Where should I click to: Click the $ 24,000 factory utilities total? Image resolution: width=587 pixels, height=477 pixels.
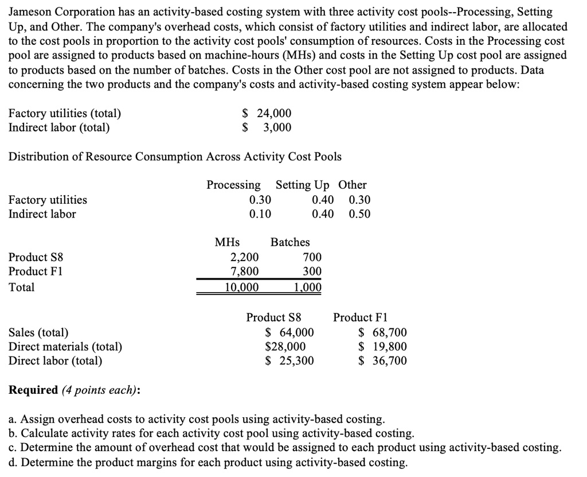point(267,113)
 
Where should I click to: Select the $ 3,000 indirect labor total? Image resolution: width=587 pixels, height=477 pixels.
point(267,127)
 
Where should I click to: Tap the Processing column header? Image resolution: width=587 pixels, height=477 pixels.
point(233,185)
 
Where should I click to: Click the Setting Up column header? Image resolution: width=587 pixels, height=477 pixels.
point(303,185)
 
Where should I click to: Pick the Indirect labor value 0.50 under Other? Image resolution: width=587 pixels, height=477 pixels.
point(359,214)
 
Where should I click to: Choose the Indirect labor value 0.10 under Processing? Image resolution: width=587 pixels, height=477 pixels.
point(260,214)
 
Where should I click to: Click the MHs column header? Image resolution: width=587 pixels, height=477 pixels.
point(228,242)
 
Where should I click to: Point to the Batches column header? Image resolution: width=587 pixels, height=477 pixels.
point(290,242)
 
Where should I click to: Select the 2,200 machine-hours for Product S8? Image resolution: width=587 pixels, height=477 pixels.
point(244,257)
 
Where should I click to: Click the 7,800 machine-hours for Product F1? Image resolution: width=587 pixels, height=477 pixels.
point(244,271)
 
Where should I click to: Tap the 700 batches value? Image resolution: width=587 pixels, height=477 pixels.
point(312,257)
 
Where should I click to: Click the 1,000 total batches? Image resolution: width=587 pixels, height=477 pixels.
point(308,287)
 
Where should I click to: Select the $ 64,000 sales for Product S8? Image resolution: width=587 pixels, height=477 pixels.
point(289,332)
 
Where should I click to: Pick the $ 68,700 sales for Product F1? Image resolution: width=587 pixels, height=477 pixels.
point(382,332)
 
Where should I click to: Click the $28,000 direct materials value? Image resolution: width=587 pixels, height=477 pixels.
point(285,346)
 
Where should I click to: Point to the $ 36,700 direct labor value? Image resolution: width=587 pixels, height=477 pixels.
point(382,360)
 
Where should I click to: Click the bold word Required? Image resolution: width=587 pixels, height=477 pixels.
point(33,390)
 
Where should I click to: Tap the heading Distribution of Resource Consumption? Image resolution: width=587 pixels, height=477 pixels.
point(175,156)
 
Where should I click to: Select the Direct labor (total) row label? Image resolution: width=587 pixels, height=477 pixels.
point(56,360)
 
